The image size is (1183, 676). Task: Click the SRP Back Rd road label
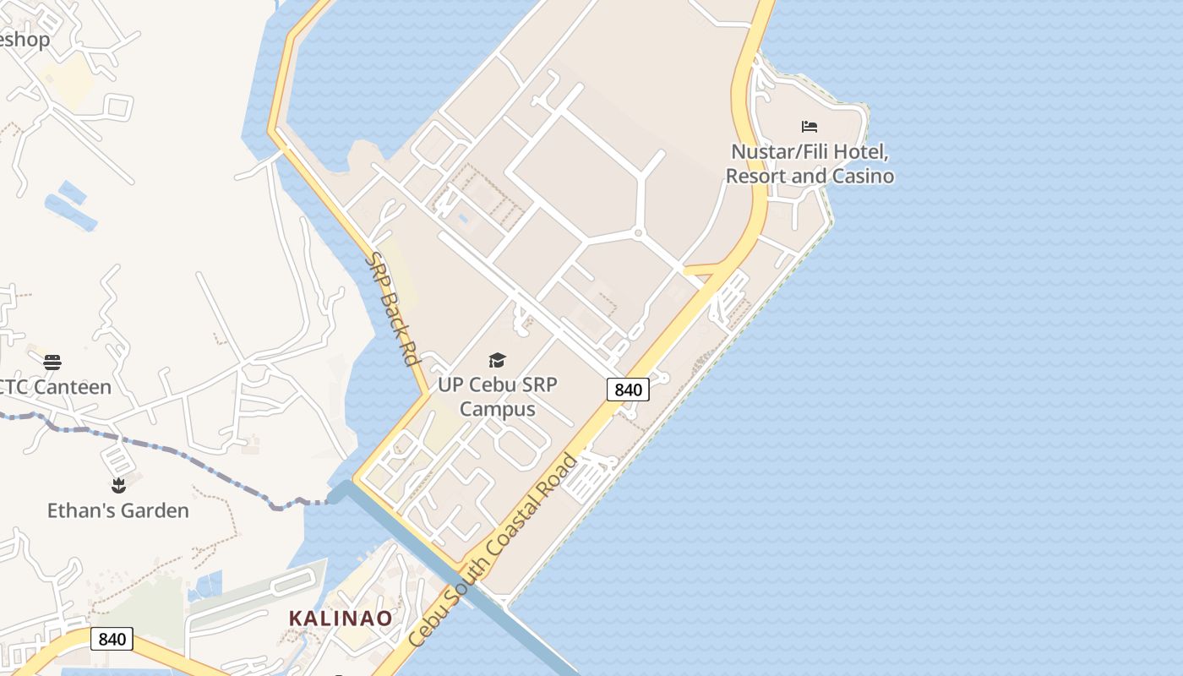click(x=393, y=309)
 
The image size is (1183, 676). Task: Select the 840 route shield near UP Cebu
click(x=628, y=390)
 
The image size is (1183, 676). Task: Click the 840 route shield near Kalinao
click(x=112, y=639)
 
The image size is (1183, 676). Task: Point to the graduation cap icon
click(x=497, y=361)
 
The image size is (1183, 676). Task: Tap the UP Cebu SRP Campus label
click(x=498, y=397)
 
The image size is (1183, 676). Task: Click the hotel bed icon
click(x=810, y=127)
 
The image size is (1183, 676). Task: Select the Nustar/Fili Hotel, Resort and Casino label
click(x=810, y=165)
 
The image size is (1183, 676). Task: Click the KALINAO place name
click(x=341, y=619)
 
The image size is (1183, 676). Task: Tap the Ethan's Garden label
click(x=117, y=510)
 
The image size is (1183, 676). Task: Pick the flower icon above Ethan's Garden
click(x=118, y=486)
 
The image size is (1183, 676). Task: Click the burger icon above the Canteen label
click(x=52, y=363)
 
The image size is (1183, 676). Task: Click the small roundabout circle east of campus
click(x=638, y=232)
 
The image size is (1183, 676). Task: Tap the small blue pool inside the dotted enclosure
click(x=462, y=218)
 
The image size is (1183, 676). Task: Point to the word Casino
click(x=862, y=177)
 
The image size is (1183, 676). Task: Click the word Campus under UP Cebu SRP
click(x=498, y=410)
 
